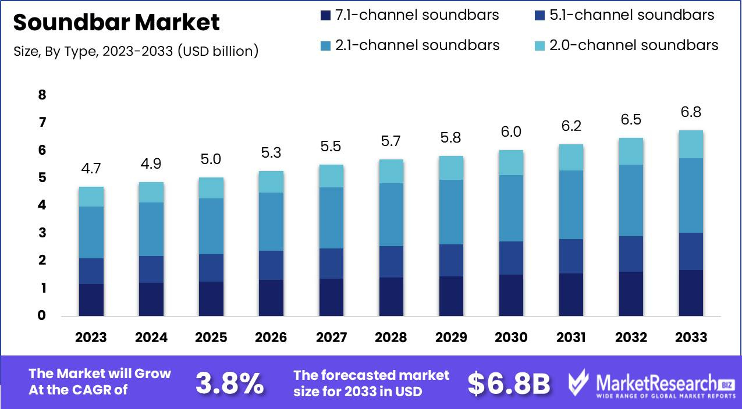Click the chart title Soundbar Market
pyautogui.click(x=116, y=23)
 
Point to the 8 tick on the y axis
pyautogui.click(x=41, y=95)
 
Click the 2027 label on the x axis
pyautogui.click(x=331, y=337)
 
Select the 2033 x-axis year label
pyautogui.click(x=691, y=337)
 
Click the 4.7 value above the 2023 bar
pyautogui.click(x=91, y=169)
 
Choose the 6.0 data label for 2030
pyautogui.click(x=511, y=132)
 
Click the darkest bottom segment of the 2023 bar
pyautogui.click(x=91, y=300)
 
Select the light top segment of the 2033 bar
pyautogui.click(x=691, y=144)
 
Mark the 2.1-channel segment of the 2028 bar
pyautogui.click(x=391, y=215)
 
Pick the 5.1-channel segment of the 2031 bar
pyautogui.click(x=571, y=256)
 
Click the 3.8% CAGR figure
pyautogui.click(x=229, y=383)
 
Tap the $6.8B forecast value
pyautogui.click(x=509, y=383)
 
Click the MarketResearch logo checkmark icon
pyautogui.click(x=579, y=383)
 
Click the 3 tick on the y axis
pyautogui.click(x=41, y=233)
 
